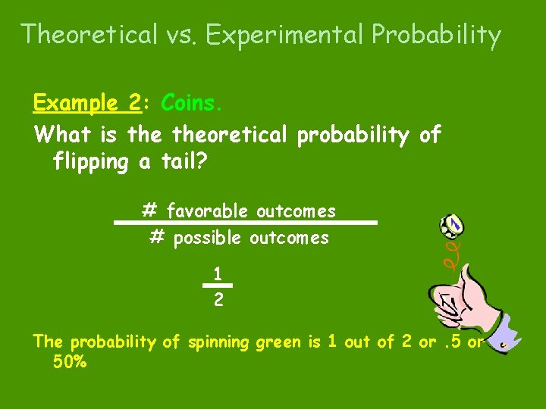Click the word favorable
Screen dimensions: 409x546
208,210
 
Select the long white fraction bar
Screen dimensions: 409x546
246,223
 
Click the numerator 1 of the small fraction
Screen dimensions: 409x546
217,273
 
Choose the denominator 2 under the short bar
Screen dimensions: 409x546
218,300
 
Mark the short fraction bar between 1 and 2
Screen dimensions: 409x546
217,286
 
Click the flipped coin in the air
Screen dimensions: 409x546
453,224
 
